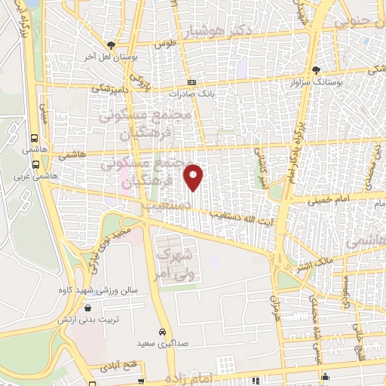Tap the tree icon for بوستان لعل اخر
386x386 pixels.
coord(111,45)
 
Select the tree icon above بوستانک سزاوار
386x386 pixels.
coord(316,70)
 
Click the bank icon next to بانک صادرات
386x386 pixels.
coord(192,83)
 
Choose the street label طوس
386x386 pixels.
coord(164,45)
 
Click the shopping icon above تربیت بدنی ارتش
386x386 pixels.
coord(89,308)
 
